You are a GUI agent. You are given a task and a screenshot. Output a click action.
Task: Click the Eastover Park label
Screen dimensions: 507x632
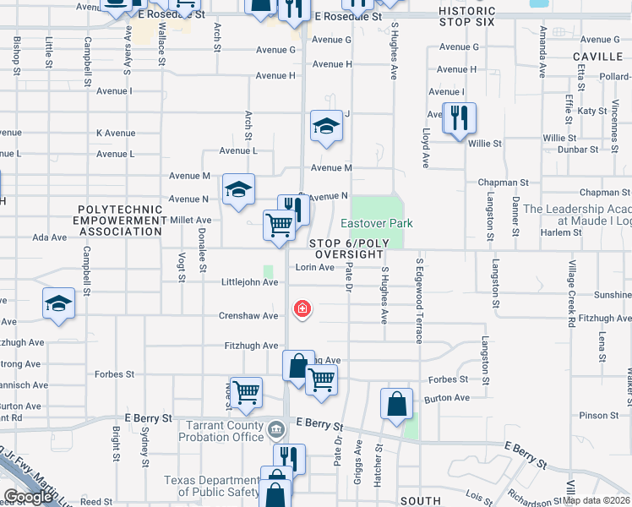pyautogui.click(x=377, y=223)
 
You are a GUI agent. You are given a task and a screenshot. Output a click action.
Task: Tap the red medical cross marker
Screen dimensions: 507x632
pyautogui.click(x=301, y=309)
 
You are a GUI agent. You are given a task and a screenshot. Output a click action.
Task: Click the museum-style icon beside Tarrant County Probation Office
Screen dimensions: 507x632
pyautogui.click(x=276, y=432)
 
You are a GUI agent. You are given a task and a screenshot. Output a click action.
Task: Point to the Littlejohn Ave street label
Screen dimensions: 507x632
pyautogui.click(x=249, y=282)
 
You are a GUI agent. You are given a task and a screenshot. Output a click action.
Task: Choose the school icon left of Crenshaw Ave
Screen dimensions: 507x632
pyautogui.click(x=57, y=303)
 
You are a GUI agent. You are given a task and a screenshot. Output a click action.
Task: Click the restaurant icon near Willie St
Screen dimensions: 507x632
pyautogui.click(x=459, y=117)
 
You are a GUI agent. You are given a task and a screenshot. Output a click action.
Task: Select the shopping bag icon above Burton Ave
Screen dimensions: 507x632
pyautogui.click(x=396, y=403)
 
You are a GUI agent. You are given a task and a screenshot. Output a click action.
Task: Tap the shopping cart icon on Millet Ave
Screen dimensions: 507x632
pyautogui.click(x=278, y=225)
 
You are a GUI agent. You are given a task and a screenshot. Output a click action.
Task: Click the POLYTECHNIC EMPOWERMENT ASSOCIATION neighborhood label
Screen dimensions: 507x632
pyautogui.click(x=120, y=220)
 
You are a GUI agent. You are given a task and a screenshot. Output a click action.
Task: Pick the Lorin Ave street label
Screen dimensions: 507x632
pyautogui.click(x=314, y=267)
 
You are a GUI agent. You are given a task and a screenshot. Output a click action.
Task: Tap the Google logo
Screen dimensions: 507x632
pyautogui.click(x=28, y=497)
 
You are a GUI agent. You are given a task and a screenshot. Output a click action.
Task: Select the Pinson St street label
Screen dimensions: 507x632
pyautogui.click(x=600, y=416)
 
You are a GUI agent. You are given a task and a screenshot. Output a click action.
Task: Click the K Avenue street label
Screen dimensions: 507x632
pyautogui.click(x=116, y=134)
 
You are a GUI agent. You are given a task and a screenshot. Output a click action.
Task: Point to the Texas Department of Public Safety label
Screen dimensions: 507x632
pyautogui.click(x=213, y=486)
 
